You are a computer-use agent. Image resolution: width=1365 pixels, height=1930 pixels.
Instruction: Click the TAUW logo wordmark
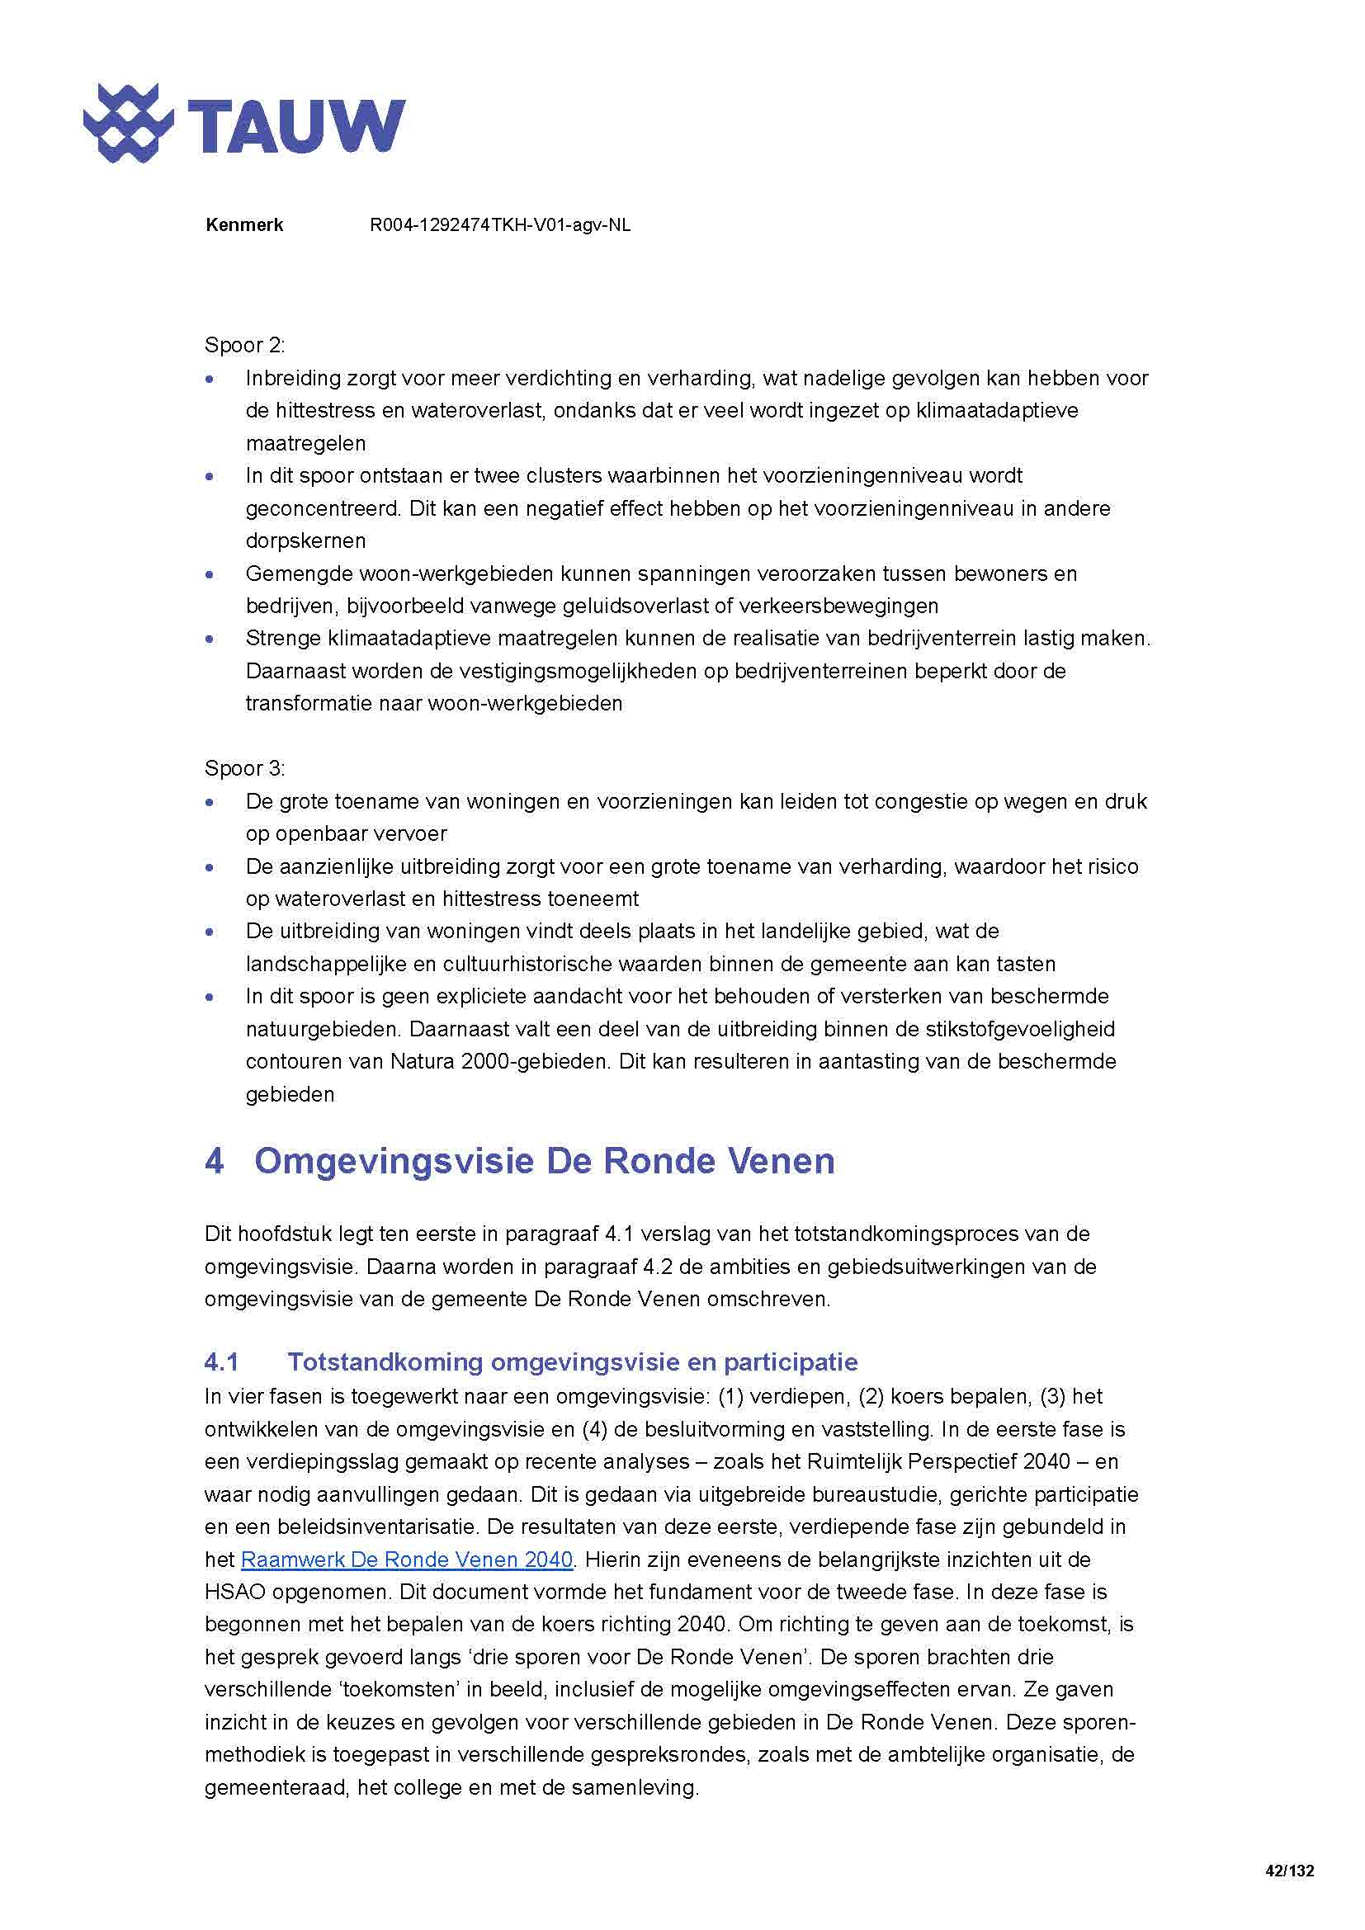coord(295,126)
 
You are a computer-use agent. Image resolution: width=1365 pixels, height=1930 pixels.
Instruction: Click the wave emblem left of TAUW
coord(128,123)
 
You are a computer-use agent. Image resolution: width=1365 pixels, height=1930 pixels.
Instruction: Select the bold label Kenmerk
coord(243,225)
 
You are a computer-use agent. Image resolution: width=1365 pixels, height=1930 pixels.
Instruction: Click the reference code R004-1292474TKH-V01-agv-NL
coord(500,225)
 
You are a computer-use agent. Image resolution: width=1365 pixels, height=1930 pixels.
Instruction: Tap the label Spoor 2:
coord(244,346)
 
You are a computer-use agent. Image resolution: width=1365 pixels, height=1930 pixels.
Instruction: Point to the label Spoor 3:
coord(244,768)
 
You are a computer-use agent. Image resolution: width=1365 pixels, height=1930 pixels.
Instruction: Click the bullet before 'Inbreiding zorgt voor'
coord(210,380)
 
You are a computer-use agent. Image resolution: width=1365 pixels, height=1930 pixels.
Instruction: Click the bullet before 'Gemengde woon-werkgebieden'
coord(210,575)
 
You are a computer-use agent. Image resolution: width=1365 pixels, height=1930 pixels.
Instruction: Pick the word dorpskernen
coord(305,540)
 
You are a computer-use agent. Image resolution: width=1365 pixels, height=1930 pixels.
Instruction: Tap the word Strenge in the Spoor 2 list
coord(281,638)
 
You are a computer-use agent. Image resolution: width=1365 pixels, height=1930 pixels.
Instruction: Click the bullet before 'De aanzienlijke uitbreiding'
coord(210,867)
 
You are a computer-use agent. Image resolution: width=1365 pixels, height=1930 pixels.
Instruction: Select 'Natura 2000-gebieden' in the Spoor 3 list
coord(498,1062)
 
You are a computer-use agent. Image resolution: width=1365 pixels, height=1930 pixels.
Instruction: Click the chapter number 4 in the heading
coord(215,1161)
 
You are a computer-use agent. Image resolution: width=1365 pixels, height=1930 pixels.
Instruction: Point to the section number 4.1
coord(221,1361)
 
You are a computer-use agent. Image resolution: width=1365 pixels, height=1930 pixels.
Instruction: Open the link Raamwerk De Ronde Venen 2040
coord(407,1560)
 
